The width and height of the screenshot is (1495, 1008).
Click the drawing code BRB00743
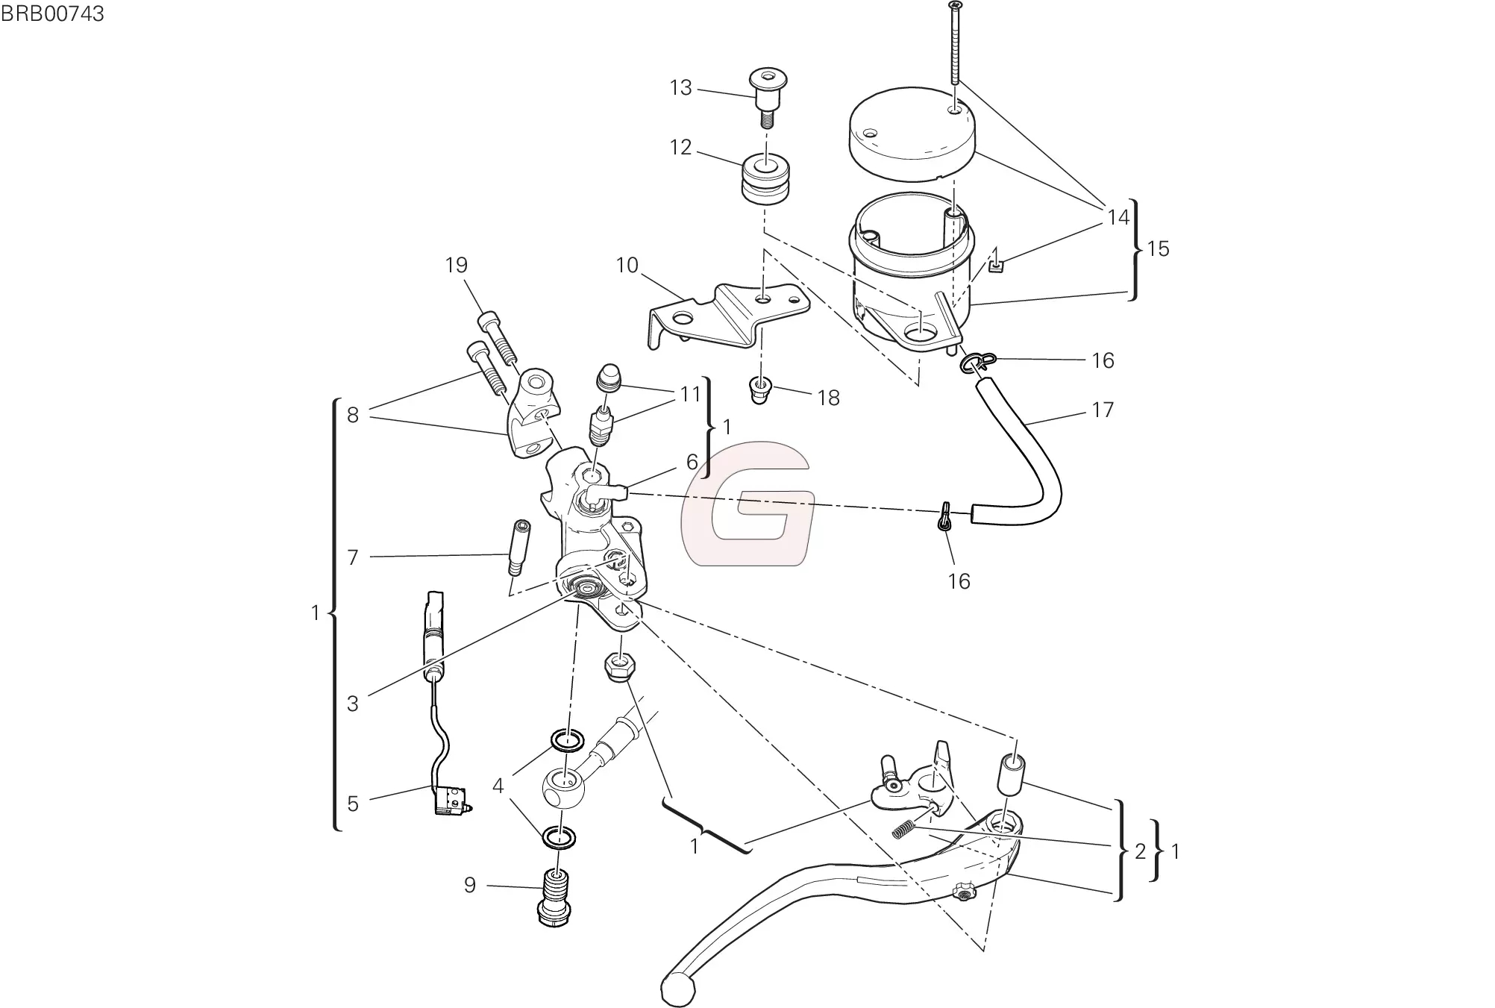[x=52, y=13]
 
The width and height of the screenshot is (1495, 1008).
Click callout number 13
[x=680, y=88]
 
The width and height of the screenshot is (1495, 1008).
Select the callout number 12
[x=680, y=148]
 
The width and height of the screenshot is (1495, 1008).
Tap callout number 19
[x=456, y=265]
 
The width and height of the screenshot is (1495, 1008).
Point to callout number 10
[x=627, y=266]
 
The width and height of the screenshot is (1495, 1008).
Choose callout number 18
[x=828, y=398]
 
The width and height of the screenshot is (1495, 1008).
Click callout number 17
[x=1102, y=410]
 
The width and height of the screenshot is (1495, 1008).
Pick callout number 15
[x=1158, y=248]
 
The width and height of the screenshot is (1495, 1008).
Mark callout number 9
[x=469, y=885]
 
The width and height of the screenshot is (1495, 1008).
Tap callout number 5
[x=353, y=804]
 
